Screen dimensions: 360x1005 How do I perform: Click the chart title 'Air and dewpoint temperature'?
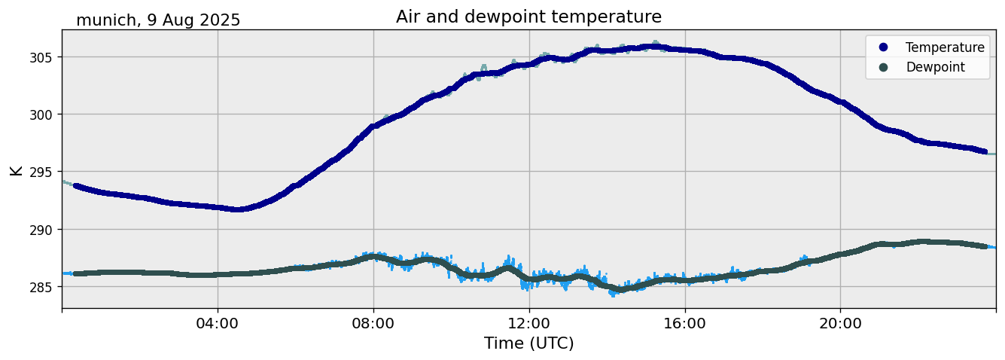pos(528,17)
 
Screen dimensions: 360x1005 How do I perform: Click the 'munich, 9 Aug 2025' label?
pos(158,20)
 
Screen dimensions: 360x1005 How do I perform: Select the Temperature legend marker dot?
pos(883,47)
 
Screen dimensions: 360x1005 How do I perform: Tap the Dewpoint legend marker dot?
pos(883,67)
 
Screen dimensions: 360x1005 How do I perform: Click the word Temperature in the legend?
pos(945,47)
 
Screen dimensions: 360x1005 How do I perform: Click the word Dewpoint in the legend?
pos(935,67)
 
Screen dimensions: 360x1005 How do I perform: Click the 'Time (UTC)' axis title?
pos(528,343)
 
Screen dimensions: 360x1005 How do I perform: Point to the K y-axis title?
pos(16,169)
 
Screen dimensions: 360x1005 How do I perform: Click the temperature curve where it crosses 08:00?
pos(373,127)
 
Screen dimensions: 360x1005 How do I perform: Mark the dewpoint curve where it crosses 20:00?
pos(841,255)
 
